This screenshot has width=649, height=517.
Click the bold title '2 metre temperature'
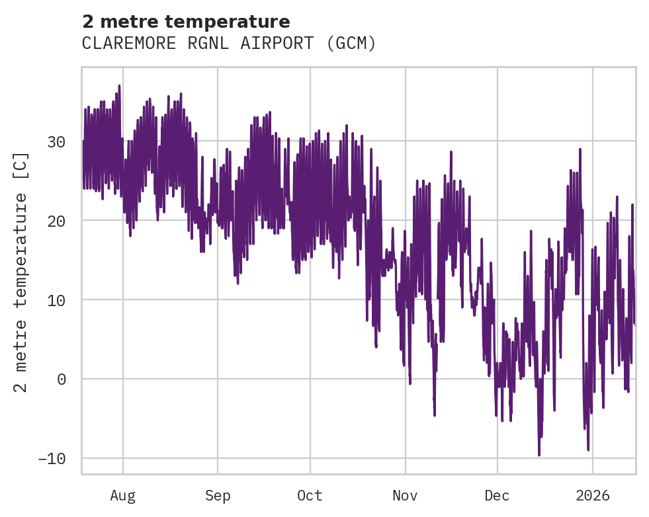186,22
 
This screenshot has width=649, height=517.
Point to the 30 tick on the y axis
57,141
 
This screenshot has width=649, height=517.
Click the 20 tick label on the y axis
57,221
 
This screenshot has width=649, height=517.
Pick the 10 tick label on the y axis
57,300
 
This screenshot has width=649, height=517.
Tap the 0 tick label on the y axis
62,379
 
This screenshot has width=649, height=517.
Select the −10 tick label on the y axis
52,459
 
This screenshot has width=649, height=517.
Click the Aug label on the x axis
123,496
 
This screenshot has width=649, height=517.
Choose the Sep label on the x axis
218,496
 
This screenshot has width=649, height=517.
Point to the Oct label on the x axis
310,496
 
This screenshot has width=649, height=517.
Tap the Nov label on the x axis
405,496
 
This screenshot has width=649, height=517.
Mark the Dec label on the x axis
497,496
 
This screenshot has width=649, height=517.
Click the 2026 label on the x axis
593,496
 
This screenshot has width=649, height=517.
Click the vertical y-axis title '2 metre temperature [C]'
22,272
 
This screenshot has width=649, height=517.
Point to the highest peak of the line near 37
119,86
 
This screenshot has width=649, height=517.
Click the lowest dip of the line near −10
539,455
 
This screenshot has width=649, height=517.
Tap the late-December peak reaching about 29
580,149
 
